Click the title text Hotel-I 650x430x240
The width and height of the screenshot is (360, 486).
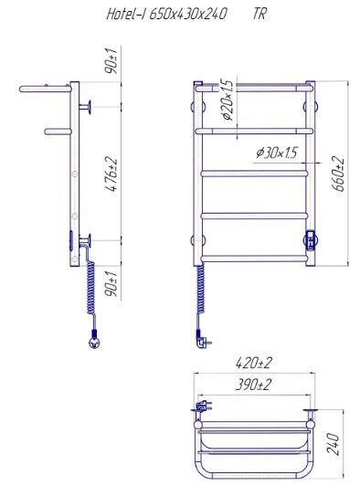(x=167, y=15)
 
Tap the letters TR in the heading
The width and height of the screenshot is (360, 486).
(x=259, y=14)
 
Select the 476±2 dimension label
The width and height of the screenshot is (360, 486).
(x=113, y=174)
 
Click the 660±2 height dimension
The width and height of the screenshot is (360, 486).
(x=338, y=174)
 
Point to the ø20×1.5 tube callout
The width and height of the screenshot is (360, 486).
(x=227, y=100)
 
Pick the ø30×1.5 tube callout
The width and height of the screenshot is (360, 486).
(x=277, y=153)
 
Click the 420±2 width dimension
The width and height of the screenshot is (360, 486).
(x=254, y=363)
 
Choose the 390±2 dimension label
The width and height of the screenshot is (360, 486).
(x=253, y=385)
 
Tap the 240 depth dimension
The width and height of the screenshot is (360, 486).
(x=333, y=444)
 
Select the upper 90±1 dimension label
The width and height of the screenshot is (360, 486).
(x=112, y=61)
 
